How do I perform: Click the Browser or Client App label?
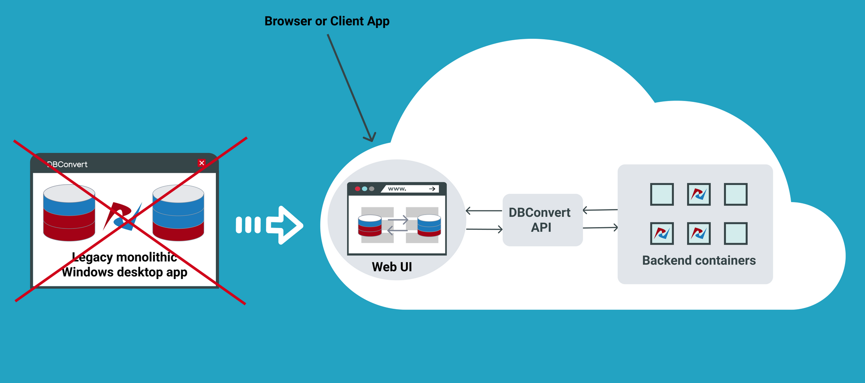pyautogui.click(x=327, y=21)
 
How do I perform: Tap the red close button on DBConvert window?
pyautogui.click(x=202, y=163)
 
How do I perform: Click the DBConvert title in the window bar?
pyautogui.click(x=67, y=165)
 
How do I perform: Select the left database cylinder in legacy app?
pyautogui.click(x=69, y=212)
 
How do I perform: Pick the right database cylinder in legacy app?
pyautogui.click(x=178, y=212)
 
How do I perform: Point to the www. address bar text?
pyautogui.click(x=397, y=189)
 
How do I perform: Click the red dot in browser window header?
pyautogui.click(x=357, y=189)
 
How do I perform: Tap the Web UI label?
pyautogui.click(x=392, y=267)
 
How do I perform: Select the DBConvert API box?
pyautogui.click(x=542, y=220)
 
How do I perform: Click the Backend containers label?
pyautogui.click(x=698, y=260)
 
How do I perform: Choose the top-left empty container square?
pyautogui.click(x=662, y=194)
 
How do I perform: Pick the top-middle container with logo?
pyautogui.click(x=698, y=194)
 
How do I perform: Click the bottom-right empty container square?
pyautogui.click(x=736, y=234)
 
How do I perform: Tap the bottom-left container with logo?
pyautogui.click(x=662, y=234)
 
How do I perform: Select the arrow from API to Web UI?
pyautogui.click(x=484, y=211)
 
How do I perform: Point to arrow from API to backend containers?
pyautogui.click(x=600, y=228)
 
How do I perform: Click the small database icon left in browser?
pyautogui.click(x=370, y=225)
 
